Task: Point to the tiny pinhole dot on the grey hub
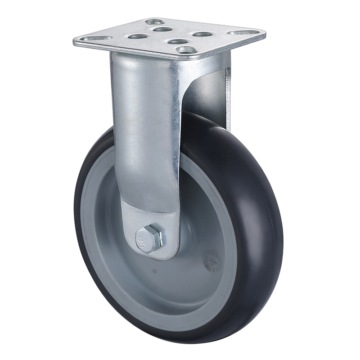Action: point(154,271)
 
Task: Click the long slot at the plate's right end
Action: point(243,32)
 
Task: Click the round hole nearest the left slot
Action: point(138,36)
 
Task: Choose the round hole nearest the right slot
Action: point(202,34)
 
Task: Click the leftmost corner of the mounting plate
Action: point(74,42)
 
